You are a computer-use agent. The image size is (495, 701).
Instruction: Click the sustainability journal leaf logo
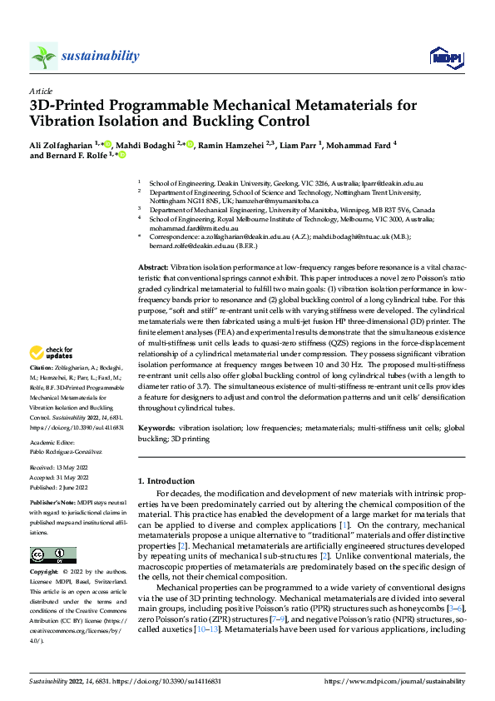tap(43, 56)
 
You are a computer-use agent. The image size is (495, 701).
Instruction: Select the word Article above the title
tap(41, 91)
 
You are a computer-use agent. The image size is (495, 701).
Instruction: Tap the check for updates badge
tap(54, 375)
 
